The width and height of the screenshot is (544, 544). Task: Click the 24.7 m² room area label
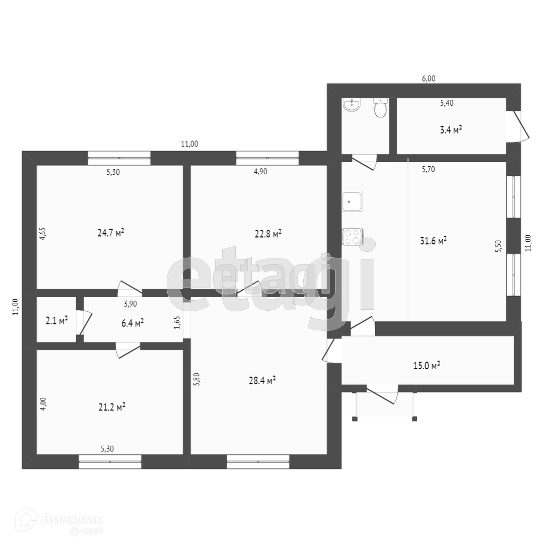[x=110, y=233]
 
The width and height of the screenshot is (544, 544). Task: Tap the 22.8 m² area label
[x=268, y=234]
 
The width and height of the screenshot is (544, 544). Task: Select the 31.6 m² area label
[x=433, y=241]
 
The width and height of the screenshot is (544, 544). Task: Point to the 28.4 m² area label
[x=262, y=381]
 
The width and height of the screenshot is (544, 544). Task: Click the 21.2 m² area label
[x=112, y=407]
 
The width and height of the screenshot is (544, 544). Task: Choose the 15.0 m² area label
[x=426, y=365]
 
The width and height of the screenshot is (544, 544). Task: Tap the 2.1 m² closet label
[x=55, y=320]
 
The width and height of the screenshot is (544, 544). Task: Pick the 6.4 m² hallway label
[x=132, y=322]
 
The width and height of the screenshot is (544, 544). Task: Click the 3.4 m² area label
[x=451, y=130]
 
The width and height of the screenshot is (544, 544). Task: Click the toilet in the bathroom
[x=380, y=107]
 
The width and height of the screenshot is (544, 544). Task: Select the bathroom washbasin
[x=352, y=105]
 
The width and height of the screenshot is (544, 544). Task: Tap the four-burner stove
[x=352, y=237]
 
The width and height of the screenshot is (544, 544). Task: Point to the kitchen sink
[x=352, y=201]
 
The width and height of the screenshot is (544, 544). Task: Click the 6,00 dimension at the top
[x=428, y=79]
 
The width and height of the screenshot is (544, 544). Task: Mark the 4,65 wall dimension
[x=43, y=235]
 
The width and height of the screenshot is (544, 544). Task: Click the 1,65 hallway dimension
[x=177, y=322]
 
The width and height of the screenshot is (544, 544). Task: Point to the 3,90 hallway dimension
[x=130, y=303]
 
